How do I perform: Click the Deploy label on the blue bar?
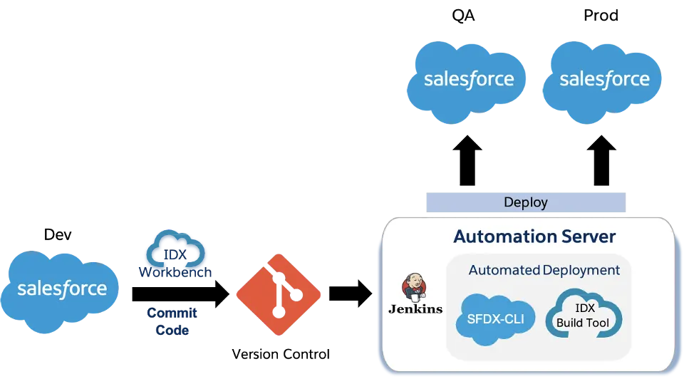pyautogui.click(x=525, y=202)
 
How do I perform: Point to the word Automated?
pyautogui.click(x=504, y=271)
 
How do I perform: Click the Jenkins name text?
pyautogui.click(x=415, y=309)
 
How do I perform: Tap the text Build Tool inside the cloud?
pyautogui.click(x=584, y=323)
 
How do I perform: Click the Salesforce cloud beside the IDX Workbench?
pyautogui.click(x=61, y=290)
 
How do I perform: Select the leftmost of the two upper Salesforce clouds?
pyautogui.click(x=468, y=79)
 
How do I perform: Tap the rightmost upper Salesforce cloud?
pyautogui.click(x=604, y=79)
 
